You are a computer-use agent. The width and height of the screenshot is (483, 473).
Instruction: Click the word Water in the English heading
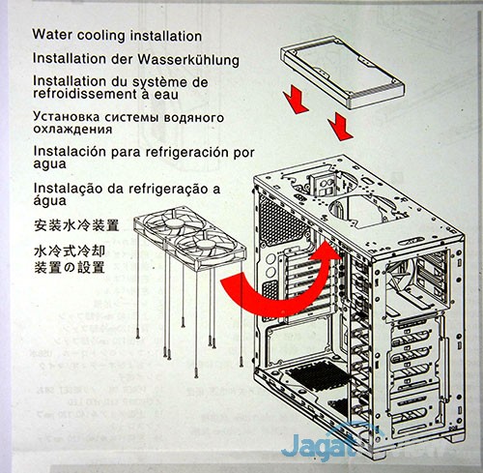point(52,34)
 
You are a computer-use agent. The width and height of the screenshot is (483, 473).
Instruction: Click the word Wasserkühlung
point(188,59)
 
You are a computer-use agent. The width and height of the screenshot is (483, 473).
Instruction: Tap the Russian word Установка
point(67,117)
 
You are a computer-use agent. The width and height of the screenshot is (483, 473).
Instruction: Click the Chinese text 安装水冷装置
point(76,225)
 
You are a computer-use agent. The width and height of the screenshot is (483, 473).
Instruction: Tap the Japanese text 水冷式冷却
point(70,251)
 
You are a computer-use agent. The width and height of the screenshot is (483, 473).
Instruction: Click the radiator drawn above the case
point(342,72)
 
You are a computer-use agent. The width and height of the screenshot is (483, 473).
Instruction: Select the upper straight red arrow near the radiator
point(297,99)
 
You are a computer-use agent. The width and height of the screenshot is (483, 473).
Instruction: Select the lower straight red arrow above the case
point(341,126)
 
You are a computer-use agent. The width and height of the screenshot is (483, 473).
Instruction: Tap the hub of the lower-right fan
point(204,244)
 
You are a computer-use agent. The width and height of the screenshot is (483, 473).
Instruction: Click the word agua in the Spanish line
point(49,164)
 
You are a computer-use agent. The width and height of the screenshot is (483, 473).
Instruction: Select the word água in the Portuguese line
point(49,200)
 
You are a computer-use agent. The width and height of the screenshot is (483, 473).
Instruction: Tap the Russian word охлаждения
point(72,130)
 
